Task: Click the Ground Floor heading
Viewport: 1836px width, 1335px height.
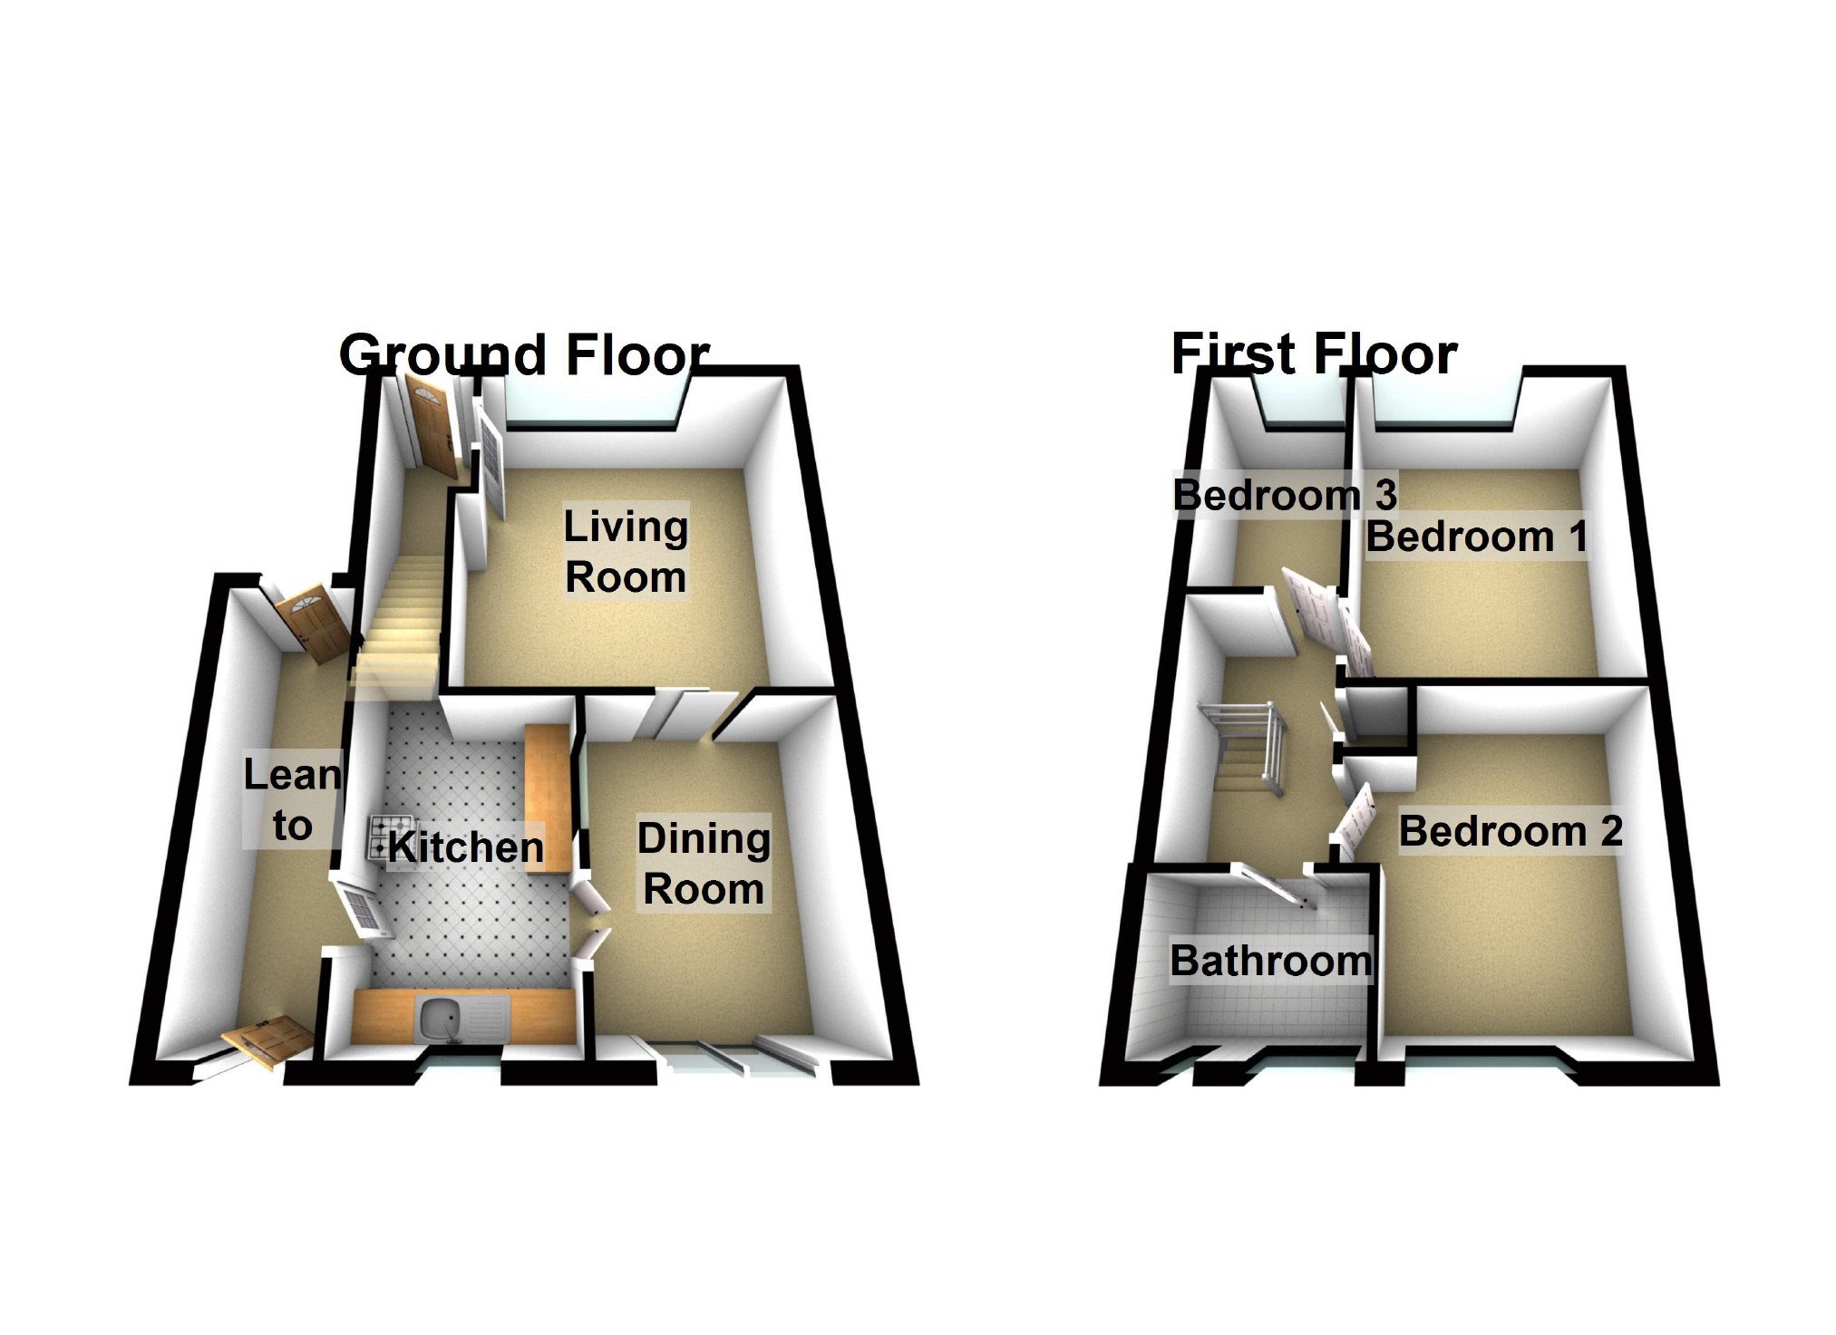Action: (x=523, y=354)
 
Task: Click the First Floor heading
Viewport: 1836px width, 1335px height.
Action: (x=1313, y=353)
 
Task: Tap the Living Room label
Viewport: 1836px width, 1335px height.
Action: (x=625, y=551)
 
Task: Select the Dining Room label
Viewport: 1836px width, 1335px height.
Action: (x=703, y=864)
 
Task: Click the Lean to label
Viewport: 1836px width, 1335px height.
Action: (x=292, y=800)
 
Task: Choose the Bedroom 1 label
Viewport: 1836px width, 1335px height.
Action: (x=1476, y=537)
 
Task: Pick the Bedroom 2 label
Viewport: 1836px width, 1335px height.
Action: (x=1510, y=831)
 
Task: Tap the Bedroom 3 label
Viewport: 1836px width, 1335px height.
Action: (x=1284, y=495)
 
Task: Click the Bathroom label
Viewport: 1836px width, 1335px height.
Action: (x=1270, y=961)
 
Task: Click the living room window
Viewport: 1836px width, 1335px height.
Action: (x=590, y=404)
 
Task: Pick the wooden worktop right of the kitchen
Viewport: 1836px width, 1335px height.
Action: (x=547, y=798)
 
